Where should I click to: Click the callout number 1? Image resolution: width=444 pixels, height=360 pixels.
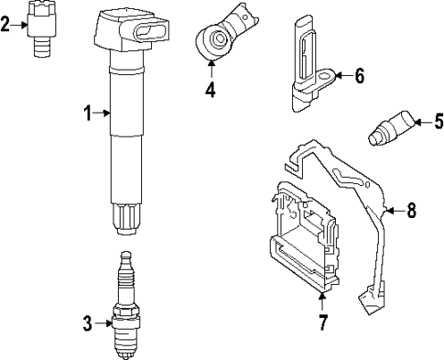point(88,113)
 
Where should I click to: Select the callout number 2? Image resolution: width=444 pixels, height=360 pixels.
point(5,25)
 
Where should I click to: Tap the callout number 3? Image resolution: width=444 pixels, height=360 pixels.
point(87,323)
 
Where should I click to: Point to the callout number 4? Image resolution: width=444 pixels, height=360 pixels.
point(211,90)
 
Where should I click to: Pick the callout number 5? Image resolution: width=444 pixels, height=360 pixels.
point(439,121)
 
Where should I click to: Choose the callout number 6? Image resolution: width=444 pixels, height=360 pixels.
point(360,75)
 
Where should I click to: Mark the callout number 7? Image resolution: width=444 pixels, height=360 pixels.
point(323,322)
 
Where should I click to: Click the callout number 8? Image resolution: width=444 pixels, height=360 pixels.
point(412,211)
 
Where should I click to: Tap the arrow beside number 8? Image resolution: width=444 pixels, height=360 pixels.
point(395,211)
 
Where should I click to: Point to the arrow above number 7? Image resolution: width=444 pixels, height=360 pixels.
point(322,302)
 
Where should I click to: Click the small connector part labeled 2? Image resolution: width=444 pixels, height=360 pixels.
point(41,29)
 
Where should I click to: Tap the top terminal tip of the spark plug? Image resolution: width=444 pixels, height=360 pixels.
point(125,255)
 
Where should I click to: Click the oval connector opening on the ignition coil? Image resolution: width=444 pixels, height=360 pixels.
point(150,32)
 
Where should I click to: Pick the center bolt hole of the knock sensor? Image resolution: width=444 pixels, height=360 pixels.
point(218,38)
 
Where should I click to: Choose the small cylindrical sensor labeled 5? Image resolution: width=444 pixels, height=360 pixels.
point(392,128)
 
